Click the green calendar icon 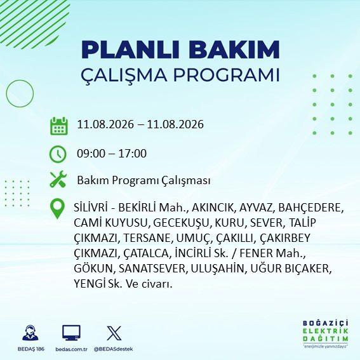coord(59,126)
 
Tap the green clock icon coord(58,154)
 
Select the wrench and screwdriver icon coord(58,180)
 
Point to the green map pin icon coord(57,208)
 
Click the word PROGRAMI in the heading coord(227,75)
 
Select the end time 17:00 coord(133,154)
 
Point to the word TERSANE coord(147,238)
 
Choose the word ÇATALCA coord(146,253)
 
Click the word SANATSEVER coord(152,269)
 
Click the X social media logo coord(114,333)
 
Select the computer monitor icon coord(71,333)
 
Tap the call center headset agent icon coord(30,333)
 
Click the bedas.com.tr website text coord(71,349)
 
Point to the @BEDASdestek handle coord(113,349)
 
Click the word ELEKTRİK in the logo coord(326,331)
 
